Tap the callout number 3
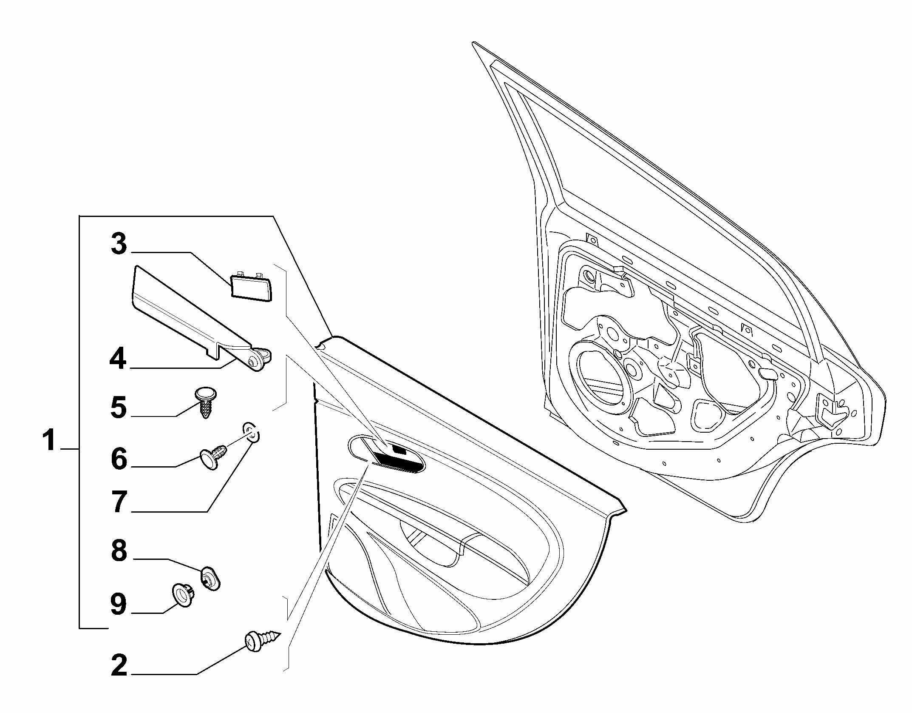pos(119,244)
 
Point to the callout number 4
pos(118,358)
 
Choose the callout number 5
pos(119,407)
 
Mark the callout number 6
pos(119,459)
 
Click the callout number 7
pos(119,502)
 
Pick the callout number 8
pos(119,550)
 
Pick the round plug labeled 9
pos(183,593)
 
